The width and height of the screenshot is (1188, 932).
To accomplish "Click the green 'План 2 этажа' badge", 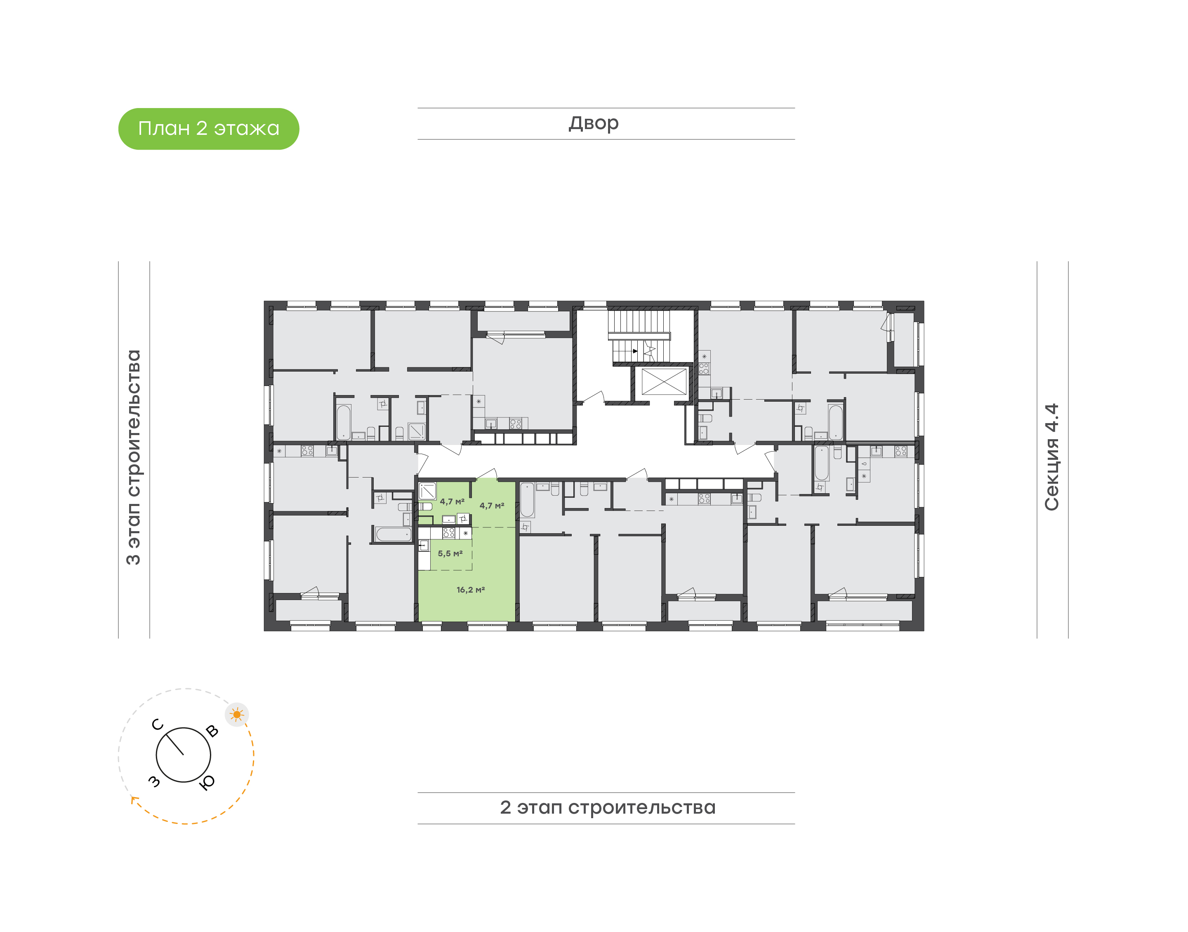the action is [x=208, y=129].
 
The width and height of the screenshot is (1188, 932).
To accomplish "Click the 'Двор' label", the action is [x=594, y=124].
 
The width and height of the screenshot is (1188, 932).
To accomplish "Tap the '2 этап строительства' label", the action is [x=607, y=807].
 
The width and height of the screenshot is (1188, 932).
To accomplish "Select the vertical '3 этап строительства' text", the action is [x=134, y=457].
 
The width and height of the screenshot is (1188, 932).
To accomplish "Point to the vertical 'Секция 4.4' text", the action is [x=1051, y=457].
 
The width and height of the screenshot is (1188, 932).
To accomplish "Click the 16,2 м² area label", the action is [x=470, y=590].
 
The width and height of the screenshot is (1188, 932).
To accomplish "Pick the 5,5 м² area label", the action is [x=450, y=553].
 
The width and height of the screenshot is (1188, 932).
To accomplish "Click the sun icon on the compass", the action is [x=237, y=714].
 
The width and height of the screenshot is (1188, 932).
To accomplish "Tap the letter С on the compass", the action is [x=158, y=725].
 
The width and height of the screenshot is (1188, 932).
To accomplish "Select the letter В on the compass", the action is [x=212, y=731].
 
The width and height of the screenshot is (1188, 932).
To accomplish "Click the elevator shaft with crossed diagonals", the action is [x=664, y=381].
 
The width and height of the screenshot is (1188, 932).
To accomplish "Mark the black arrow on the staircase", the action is [x=635, y=351].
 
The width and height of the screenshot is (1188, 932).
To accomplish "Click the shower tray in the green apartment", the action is [x=427, y=491].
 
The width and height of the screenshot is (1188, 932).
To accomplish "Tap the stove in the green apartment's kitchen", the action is [x=448, y=532].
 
